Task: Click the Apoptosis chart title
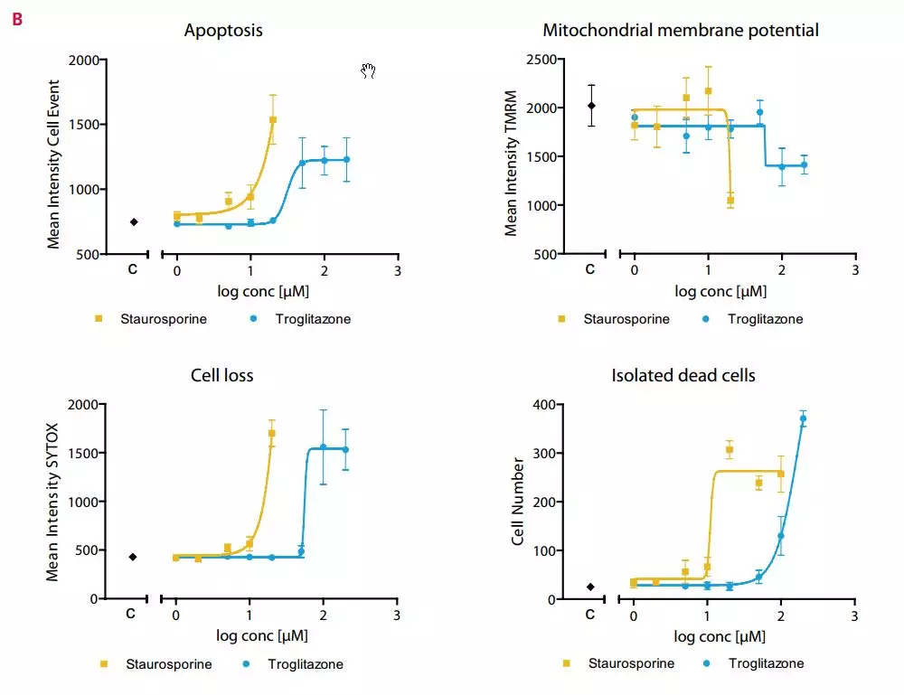click(223, 31)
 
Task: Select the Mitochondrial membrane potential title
click(681, 31)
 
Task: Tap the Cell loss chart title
click(222, 376)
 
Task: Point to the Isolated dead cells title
click(683, 376)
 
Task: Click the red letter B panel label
click(17, 17)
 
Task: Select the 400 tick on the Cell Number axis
click(544, 404)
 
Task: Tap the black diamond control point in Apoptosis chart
click(134, 221)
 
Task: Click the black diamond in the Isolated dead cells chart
click(590, 587)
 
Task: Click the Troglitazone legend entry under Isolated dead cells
click(756, 662)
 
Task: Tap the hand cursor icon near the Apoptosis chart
click(368, 71)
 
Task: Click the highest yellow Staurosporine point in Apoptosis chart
click(272, 119)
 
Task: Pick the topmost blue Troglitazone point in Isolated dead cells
click(803, 418)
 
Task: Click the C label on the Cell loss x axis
click(130, 615)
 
